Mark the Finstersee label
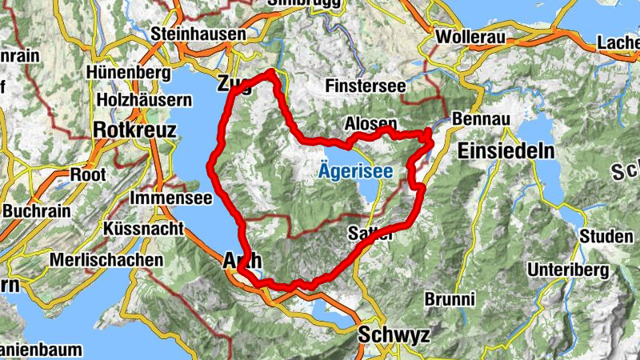click(366, 86)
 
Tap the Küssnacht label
click(144, 228)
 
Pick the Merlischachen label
click(106, 260)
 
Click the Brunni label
click(450, 299)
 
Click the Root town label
click(88, 173)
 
